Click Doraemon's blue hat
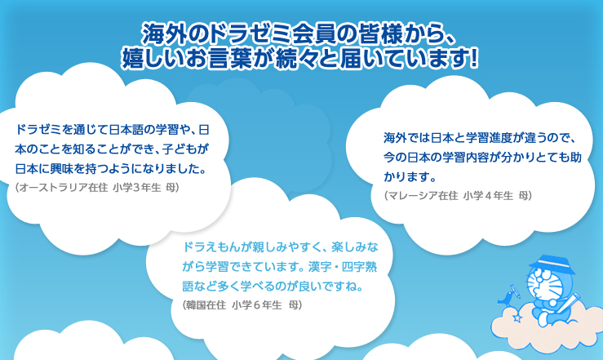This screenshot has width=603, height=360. tap(552, 264)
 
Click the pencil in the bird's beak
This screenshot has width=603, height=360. tap(516, 291)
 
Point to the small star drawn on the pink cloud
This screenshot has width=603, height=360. tap(517, 318)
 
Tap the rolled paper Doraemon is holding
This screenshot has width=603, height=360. tap(570, 304)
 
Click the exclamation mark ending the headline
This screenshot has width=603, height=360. tap(474, 58)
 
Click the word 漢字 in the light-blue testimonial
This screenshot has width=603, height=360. tap(320, 267)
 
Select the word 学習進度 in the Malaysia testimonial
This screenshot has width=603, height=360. tap(489, 137)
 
